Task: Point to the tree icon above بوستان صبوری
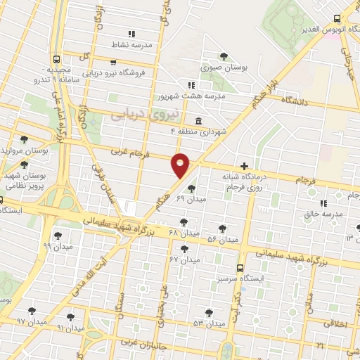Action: click(224, 56)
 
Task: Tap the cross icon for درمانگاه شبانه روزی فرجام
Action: click(244, 167)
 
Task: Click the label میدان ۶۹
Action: click(190, 200)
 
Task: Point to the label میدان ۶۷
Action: click(184, 259)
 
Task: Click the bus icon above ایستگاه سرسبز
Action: click(240, 268)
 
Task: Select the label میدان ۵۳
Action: click(209, 323)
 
